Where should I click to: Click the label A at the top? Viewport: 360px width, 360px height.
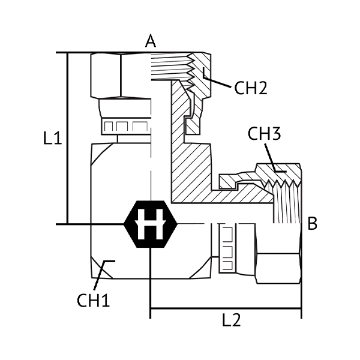tap(150, 41)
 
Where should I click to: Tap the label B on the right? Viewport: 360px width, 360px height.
tap(313, 224)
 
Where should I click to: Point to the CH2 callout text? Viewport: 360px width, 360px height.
tap(250, 88)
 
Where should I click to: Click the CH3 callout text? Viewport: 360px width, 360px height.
tap(264, 135)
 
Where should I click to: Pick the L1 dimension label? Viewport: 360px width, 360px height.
tap(53, 139)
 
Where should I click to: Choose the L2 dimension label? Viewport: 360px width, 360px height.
tap(232, 320)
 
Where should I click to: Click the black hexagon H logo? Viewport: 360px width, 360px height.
tap(151, 224)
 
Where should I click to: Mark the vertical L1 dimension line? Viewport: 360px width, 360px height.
tap(67, 138)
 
